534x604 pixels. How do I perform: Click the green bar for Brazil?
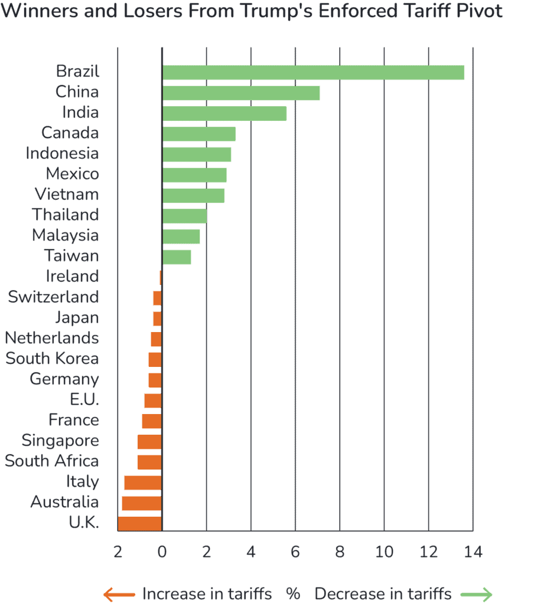pyautogui.click(x=313, y=73)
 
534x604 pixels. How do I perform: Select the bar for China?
pyautogui.click(x=241, y=93)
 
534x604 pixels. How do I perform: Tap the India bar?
pyautogui.click(x=224, y=113)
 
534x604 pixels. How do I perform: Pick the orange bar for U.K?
pyautogui.click(x=140, y=523)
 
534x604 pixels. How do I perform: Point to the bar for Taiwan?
pyautogui.click(x=177, y=257)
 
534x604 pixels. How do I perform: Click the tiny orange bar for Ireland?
pyautogui.click(x=161, y=277)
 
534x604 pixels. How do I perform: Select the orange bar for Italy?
pyautogui.click(x=142, y=482)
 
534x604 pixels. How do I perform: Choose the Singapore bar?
pyautogui.click(x=149, y=442)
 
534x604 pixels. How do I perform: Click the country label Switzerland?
pyautogui.click(x=54, y=297)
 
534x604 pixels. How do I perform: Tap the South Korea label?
pyautogui.click(x=53, y=359)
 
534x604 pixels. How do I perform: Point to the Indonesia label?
pyautogui.click(x=62, y=154)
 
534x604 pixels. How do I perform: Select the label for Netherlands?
pyautogui.click(x=52, y=338)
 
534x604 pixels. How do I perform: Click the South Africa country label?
pyautogui.click(x=52, y=461)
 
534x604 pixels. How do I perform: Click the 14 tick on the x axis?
pyautogui.click(x=473, y=552)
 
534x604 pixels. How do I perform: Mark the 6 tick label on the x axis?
pyautogui.click(x=295, y=552)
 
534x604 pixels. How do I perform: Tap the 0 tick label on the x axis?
pyautogui.click(x=162, y=552)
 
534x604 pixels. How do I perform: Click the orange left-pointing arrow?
pyautogui.click(x=119, y=594)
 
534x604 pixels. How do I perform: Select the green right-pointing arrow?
pyautogui.click(x=477, y=594)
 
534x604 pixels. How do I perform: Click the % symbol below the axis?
pyautogui.click(x=293, y=593)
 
